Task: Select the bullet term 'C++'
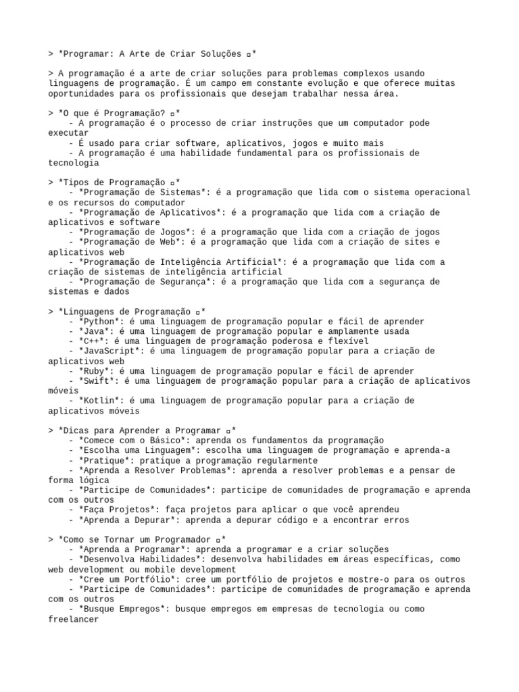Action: [91, 341]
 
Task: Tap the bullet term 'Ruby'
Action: [93, 371]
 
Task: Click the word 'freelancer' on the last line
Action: [74, 618]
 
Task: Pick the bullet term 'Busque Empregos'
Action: [121, 609]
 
